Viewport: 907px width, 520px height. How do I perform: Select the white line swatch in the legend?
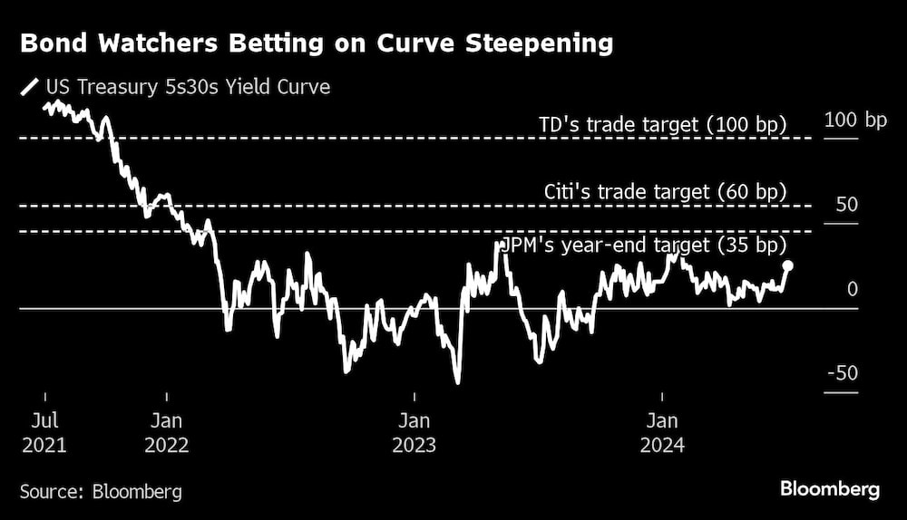[x=30, y=88]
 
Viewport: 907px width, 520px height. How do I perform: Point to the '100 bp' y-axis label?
[x=855, y=120]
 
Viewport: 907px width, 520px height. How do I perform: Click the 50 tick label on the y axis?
[x=846, y=205]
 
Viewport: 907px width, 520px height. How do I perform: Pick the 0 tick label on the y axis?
[x=852, y=289]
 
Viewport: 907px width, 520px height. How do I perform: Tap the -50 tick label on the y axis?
[x=843, y=374]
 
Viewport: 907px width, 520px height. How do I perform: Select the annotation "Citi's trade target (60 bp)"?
[x=665, y=191]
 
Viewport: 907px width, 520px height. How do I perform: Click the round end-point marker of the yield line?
[x=788, y=265]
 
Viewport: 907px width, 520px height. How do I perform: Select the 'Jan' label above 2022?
[x=167, y=420]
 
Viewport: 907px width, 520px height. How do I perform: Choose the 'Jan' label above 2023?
[x=414, y=420]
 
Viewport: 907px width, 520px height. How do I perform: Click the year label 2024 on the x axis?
[x=663, y=445]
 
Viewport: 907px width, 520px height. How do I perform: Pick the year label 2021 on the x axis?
[x=44, y=445]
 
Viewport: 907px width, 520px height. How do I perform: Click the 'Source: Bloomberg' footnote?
[x=101, y=492]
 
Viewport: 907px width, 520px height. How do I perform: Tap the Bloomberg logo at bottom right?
[x=830, y=489]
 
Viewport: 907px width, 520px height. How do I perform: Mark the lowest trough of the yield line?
[x=458, y=382]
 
